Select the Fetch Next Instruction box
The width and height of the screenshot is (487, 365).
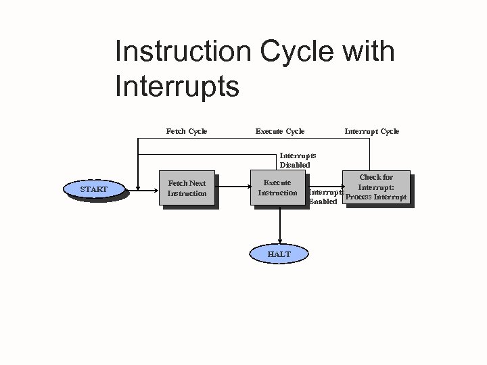coord(187,188)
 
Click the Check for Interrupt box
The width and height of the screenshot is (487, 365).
coord(376,187)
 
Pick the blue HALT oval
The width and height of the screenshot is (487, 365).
coord(279,253)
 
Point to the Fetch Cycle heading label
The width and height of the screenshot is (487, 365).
coord(187,131)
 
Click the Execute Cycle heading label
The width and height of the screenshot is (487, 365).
coord(280,131)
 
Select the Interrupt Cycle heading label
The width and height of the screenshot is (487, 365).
coord(372,131)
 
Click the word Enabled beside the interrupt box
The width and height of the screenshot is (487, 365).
coord(323,202)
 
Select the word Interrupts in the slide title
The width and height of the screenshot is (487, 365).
coord(177,87)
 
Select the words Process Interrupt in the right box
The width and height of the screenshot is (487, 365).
coord(376,197)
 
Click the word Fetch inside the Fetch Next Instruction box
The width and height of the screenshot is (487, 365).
coord(177,183)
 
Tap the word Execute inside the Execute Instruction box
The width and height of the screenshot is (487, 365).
coord(277,182)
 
